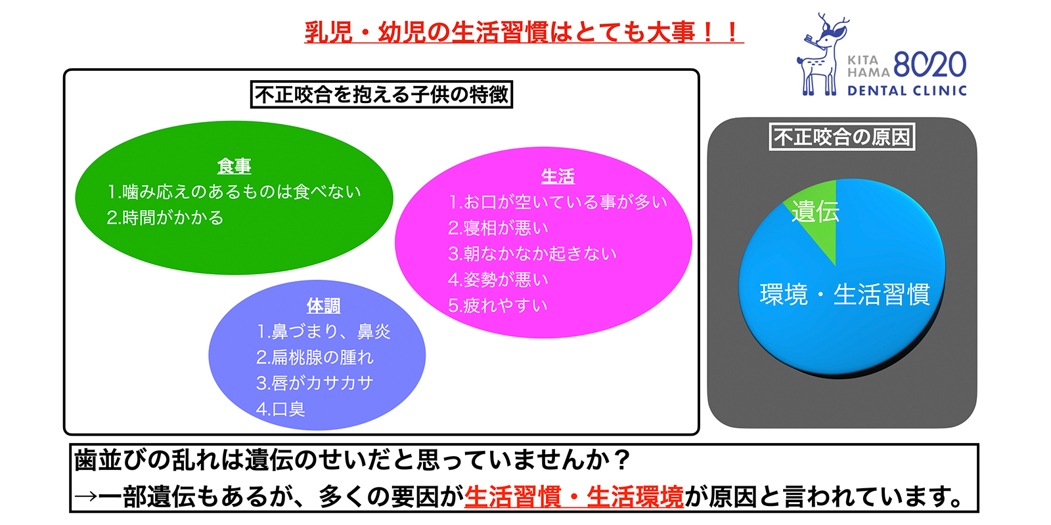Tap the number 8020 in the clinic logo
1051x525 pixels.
point(929,65)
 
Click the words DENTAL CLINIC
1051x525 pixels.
point(906,91)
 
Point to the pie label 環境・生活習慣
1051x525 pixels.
point(845,295)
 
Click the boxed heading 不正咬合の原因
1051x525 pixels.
point(842,136)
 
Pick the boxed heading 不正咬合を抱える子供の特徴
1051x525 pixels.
point(382,94)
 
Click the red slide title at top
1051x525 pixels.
point(524,32)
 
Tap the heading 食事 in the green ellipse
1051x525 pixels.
point(235,166)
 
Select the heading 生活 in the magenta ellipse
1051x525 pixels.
point(558,176)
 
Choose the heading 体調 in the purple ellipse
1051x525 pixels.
point(323,306)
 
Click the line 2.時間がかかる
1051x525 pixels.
point(166,218)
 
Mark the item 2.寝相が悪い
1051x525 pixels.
point(498,228)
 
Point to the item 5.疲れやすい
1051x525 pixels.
point(498,306)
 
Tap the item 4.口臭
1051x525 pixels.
point(281,409)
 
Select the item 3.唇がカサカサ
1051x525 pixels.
point(315,383)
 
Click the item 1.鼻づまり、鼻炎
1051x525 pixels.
point(324,331)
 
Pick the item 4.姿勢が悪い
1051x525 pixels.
point(498,280)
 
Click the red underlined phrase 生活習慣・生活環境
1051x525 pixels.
point(574,497)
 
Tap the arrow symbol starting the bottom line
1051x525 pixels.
point(85,497)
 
